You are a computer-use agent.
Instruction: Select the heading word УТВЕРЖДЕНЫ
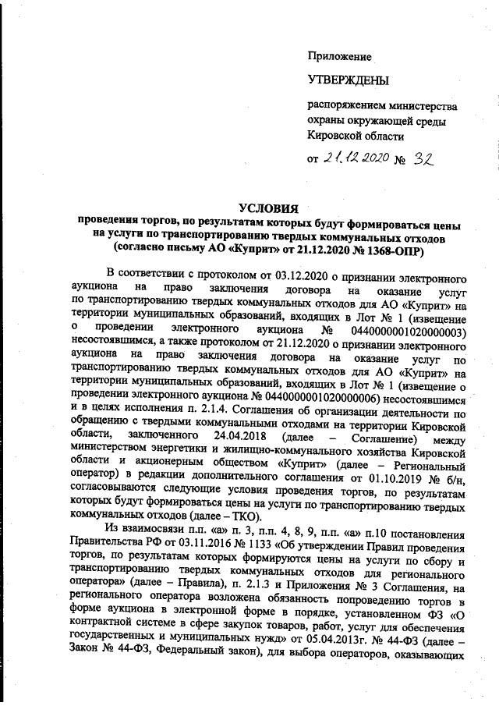point(348,80)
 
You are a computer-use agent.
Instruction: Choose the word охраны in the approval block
point(328,120)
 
